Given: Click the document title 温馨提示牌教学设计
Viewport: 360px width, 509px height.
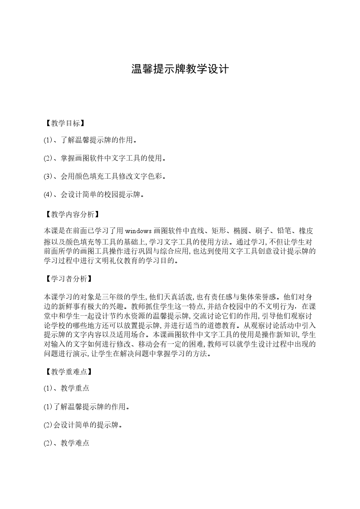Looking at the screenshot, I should point(180,69).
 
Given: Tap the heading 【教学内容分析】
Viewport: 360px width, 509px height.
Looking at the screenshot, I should point(71,214).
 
